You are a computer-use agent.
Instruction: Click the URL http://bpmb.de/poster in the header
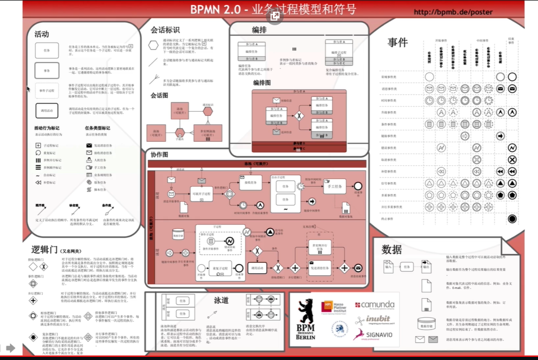click(x=453, y=12)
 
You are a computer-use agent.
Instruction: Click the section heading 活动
click(x=42, y=34)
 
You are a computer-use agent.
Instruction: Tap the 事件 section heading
click(x=397, y=43)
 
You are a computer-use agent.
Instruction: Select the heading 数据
click(x=392, y=250)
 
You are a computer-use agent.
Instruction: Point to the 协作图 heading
click(x=159, y=154)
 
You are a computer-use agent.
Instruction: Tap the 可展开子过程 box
click(x=201, y=193)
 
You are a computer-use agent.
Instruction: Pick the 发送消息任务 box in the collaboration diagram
click(x=320, y=268)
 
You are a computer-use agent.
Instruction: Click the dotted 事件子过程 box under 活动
click(x=47, y=90)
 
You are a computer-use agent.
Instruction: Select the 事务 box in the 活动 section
click(x=47, y=70)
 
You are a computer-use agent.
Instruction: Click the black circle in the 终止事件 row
click(x=512, y=219)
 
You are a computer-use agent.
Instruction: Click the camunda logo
click(x=375, y=305)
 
